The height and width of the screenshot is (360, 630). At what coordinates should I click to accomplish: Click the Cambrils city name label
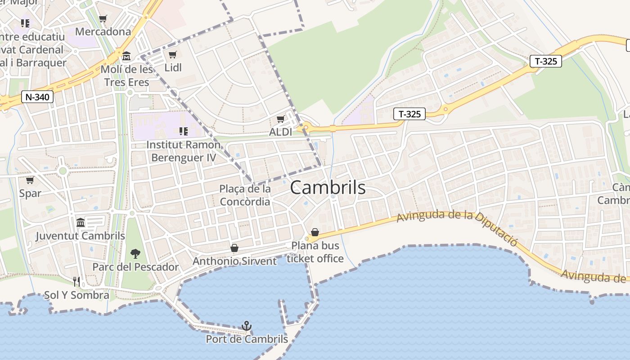tap(328, 188)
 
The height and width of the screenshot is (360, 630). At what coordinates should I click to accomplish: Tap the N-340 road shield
tap(37, 96)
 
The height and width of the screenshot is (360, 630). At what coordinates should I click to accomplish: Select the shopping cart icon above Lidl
tap(172, 55)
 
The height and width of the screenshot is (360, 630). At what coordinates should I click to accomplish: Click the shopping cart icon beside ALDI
tap(281, 119)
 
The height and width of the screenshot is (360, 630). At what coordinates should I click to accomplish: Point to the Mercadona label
tap(103, 31)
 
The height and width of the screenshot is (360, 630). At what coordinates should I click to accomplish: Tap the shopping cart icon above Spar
tap(30, 180)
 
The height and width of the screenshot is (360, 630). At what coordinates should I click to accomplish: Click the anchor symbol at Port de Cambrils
tap(247, 326)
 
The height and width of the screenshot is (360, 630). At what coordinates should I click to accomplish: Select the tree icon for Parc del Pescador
tap(135, 254)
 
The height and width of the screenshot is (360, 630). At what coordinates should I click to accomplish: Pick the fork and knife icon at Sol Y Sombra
tap(76, 282)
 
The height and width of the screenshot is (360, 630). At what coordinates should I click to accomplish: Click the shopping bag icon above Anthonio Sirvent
tap(234, 248)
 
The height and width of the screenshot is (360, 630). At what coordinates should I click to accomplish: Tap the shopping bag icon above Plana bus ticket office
tap(315, 232)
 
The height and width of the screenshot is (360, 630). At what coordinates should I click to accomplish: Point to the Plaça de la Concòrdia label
tap(245, 195)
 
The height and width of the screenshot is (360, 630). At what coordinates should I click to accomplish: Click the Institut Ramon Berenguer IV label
tap(184, 151)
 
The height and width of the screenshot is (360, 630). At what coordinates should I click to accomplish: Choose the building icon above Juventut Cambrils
tap(81, 222)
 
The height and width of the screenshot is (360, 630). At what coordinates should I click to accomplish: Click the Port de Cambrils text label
tap(247, 339)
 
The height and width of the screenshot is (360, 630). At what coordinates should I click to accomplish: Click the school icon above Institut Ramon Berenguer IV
tap(183, 131)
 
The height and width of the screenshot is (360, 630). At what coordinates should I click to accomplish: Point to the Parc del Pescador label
tap(135, 267)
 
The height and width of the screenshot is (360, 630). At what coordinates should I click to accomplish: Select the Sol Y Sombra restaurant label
tap(76, 295)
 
